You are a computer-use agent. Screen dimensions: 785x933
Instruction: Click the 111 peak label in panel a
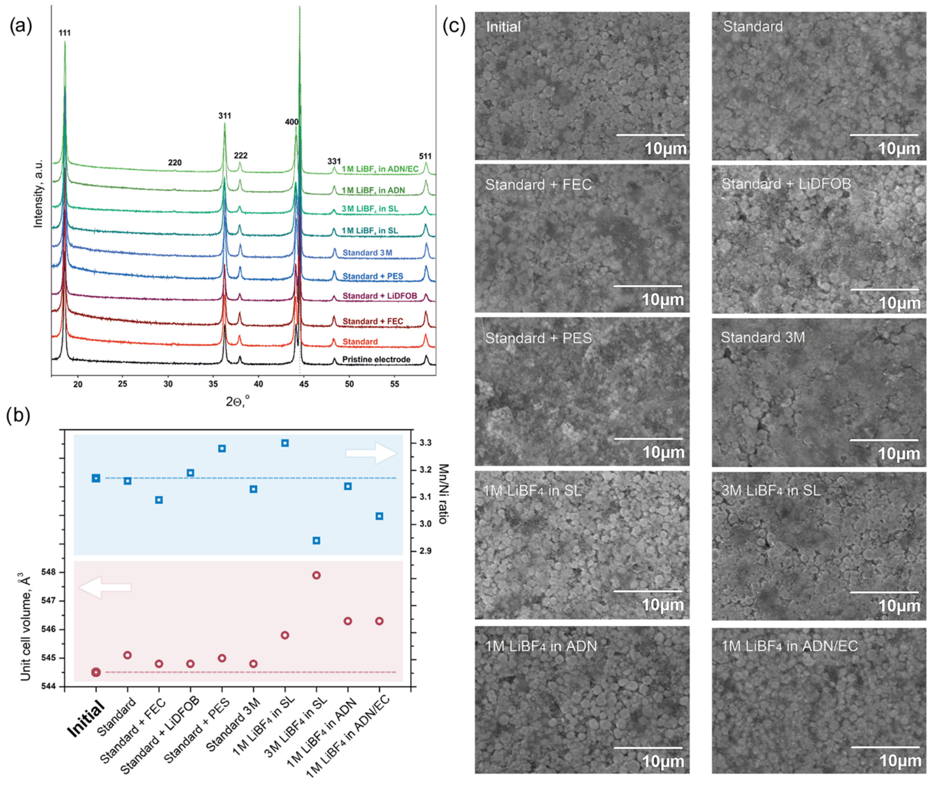tap(65, 33)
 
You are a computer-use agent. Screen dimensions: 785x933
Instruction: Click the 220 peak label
tap(175, 163)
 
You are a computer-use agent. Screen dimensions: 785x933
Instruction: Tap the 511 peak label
tap(425, 156)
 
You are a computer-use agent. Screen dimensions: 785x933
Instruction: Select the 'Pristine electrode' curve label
tap(376, 360)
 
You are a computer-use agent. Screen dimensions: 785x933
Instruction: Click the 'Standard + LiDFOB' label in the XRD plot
tap(380, 296)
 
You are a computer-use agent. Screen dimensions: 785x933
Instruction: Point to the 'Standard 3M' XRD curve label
tap(367, 253)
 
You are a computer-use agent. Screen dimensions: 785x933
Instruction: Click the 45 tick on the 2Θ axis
tap(304, 384)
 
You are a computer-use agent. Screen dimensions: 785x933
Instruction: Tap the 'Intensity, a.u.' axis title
tap(38, 194)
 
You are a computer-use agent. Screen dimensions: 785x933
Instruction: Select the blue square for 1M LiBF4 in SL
tap(285, 443)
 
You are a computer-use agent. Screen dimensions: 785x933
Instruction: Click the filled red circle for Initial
tap(96, 672)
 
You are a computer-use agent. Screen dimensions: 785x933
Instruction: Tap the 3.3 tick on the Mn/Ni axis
tap(425, 443)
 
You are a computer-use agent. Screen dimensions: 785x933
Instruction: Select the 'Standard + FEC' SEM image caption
tap(538, 185)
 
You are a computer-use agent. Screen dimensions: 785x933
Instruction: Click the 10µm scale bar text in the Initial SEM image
tap(665, 149)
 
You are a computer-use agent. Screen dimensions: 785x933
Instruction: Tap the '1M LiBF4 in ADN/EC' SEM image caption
tap(789, 646)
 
